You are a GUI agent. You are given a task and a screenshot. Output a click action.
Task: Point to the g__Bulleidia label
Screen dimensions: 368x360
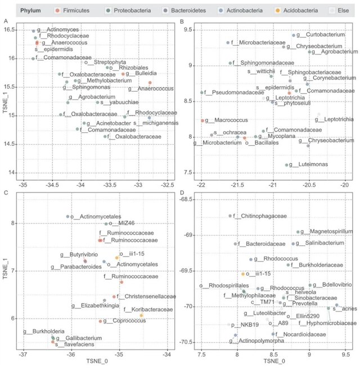point(141,74)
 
